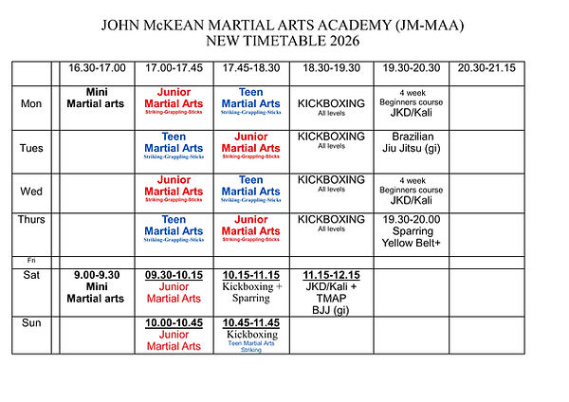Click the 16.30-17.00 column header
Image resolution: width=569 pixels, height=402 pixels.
tap(96, 68)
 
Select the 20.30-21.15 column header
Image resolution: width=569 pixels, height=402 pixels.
tap(486, 68)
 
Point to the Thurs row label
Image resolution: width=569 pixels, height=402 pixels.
tap(32, 219)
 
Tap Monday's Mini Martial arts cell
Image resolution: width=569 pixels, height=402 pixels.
tap(96, 97)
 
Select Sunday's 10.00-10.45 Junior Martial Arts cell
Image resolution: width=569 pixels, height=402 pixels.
tap(174, 334)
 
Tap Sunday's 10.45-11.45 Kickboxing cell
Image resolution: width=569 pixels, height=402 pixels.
tap(251, 335)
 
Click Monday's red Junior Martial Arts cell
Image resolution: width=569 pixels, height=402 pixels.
tap(174, 103)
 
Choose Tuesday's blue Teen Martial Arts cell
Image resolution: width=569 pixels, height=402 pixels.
tap(174, 147)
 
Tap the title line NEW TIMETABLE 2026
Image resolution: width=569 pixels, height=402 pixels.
tap(284, 41)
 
